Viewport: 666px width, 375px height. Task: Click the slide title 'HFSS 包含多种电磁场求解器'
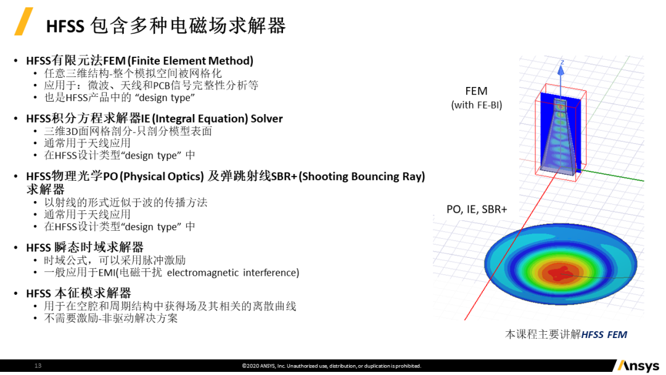pyautogui.click(x=166, y=26)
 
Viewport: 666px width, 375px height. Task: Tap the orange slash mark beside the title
pyautogui.click(x=23, y=22)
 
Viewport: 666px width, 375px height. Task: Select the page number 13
pyautogui.click(x=38, y=366)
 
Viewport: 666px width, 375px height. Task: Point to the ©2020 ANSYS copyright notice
pyautogui.click(x=331, y=366)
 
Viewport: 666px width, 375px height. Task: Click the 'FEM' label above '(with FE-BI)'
pyautogui.click(x=476, y=91)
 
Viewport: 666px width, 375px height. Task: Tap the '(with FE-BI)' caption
pyautogui.click(x=476, y=105)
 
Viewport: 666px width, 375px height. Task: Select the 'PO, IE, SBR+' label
pyautogui.click(x=477, y=209)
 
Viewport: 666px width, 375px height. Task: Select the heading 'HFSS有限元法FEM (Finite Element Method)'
pyautogui.click(x=139, y=60)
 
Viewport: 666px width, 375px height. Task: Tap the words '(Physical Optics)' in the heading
pyautogui.click(x=162, y=176)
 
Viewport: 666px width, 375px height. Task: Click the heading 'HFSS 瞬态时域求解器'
pyautogui.click(x=84, y=247)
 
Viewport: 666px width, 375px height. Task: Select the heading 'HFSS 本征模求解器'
pyautogui.click(x=78, y=293)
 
